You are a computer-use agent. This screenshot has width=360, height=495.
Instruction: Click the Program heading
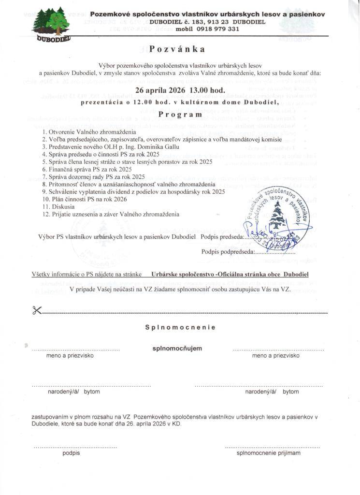pos(180,115)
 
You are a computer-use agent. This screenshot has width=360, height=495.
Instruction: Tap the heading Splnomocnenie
pos(180,327)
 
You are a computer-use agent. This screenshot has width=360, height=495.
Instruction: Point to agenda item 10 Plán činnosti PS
pos(85,199)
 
